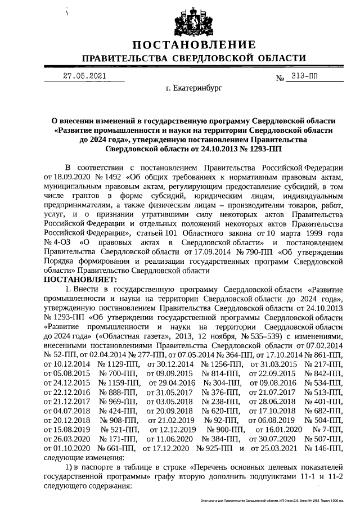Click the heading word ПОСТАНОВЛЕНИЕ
(x=193, y=45)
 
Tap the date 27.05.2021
(x=84, y=75)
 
